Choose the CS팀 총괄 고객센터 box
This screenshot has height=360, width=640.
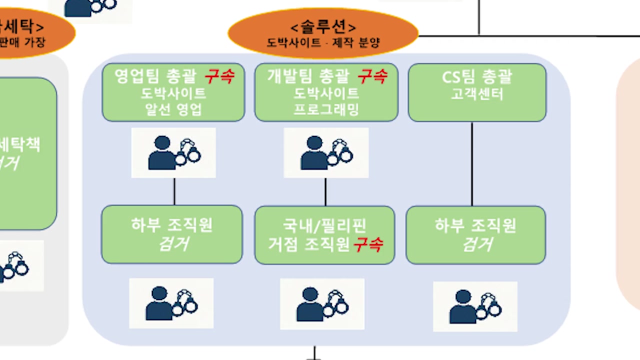[477, 92]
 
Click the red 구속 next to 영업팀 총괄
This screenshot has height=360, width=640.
[219, 76]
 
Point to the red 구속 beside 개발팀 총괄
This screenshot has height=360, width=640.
[372, 76]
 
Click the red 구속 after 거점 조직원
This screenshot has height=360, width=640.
[368, 244]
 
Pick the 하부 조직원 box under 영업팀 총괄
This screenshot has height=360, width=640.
[172, 234]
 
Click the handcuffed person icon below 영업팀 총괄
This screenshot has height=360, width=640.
[173, 152]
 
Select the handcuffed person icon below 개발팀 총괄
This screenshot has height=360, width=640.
[326, 152]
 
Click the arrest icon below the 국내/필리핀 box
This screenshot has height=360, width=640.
[322, 303]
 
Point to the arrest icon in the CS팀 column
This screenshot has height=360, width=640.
[475, 306]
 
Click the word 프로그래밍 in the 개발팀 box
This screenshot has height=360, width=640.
[326, 109]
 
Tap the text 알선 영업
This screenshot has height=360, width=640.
[173, 109]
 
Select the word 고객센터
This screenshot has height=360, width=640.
[477, 93]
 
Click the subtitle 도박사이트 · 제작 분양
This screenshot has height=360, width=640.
[323, 42]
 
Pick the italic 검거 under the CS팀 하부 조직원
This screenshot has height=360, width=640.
[477, 244]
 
